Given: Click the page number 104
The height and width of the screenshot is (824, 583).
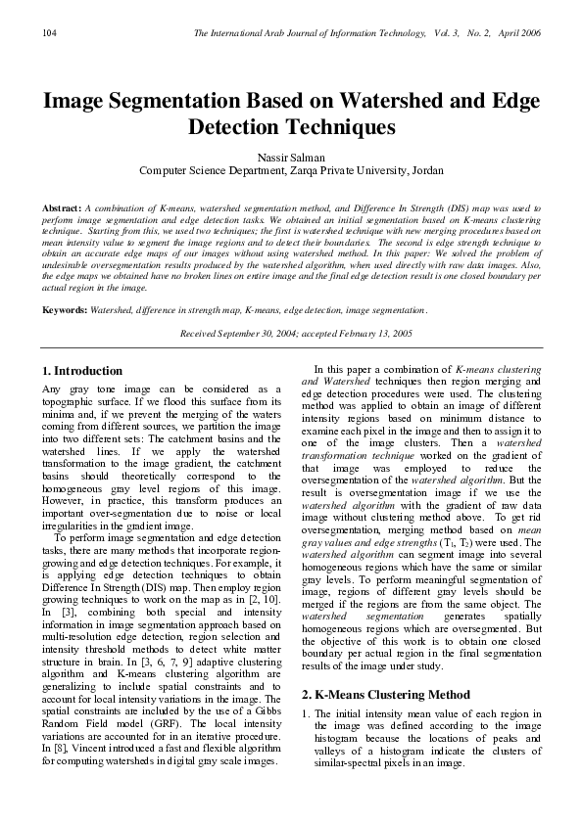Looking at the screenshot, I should coord(48,34).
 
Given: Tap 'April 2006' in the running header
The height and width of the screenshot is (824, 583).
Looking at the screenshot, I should coord(518,34).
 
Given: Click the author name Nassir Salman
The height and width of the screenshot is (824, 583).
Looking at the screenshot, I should coord(291,157).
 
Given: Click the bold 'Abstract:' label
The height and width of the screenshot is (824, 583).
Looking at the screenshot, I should coord(62,209).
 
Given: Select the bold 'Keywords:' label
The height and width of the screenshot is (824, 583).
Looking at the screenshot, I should coord(65,309).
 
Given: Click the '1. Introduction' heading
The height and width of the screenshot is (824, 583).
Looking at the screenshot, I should coord(83,371).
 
